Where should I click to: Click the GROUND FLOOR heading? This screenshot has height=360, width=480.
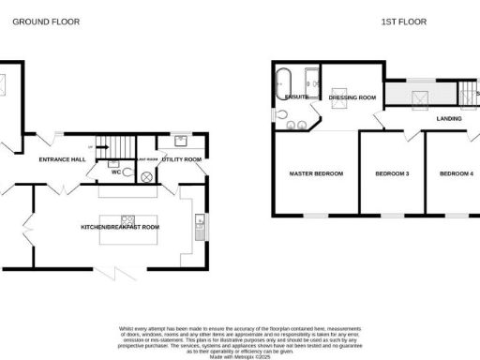click(x=39, y=21)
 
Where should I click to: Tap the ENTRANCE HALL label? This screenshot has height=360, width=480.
click(x=62, y=160)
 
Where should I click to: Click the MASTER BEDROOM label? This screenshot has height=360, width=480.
click(x=316, y=173)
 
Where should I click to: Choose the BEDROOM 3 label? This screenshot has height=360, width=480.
click(x=392, y=173)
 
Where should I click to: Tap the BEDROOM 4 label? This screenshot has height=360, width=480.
click(x=457, y=173)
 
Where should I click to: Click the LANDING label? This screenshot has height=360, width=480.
click(x=449, y=119)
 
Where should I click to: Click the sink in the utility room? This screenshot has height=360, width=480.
click(x=180, y=142)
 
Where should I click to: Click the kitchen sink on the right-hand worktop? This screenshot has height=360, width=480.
click(x=199, y=223)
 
